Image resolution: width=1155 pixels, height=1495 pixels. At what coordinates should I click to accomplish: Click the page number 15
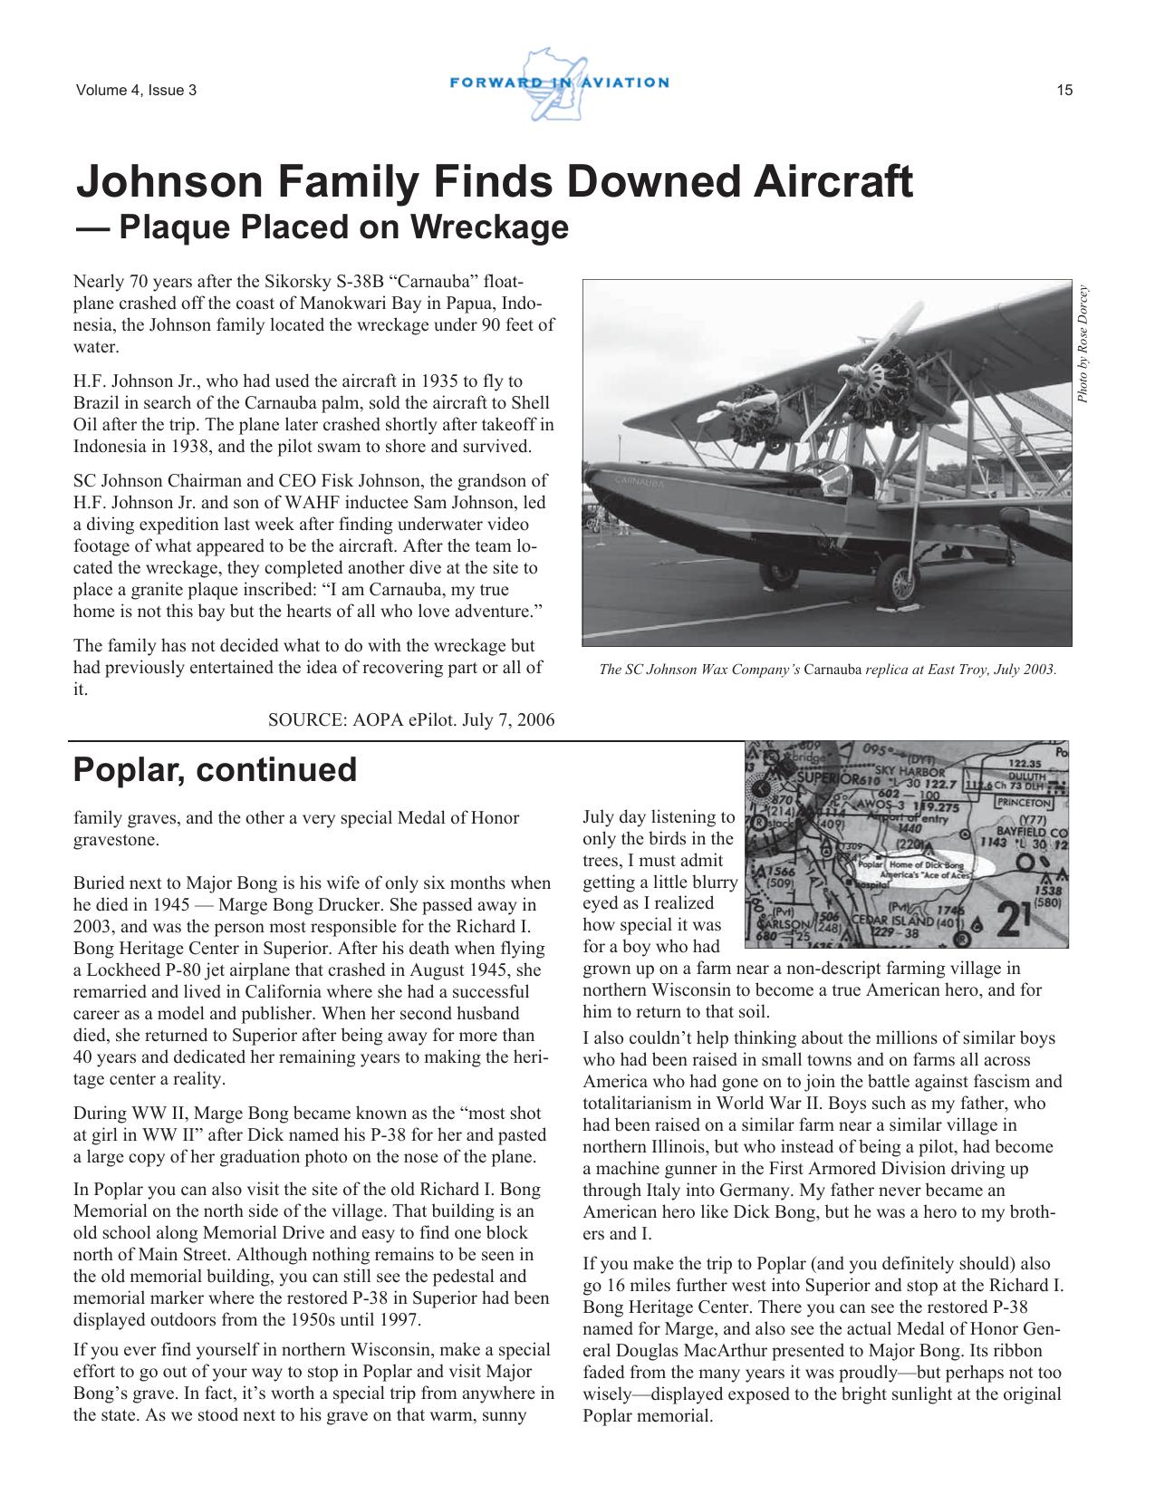[x=1064, y=90]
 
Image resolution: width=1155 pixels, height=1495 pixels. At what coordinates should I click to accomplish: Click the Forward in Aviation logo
[x=559, y=83]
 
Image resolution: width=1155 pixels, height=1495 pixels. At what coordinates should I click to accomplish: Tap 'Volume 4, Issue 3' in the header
[x=136, y=90]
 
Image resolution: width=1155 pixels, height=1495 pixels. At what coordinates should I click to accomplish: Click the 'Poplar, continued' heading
[x=215, y=770]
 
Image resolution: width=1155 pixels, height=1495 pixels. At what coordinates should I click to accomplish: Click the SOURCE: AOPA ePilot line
[x=411, y=719]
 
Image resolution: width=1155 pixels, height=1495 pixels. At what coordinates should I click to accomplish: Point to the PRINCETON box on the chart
[x=1025, y=802]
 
